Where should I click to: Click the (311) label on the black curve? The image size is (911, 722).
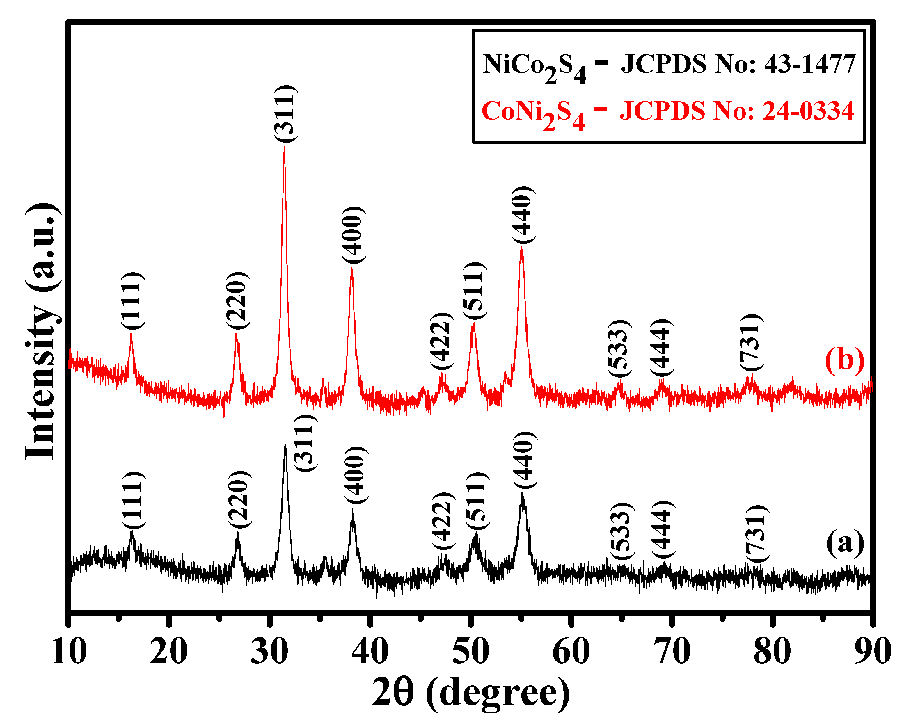[305, 444]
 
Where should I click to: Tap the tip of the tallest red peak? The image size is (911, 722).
[284, 147]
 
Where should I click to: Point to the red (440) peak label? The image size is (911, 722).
[523, 215]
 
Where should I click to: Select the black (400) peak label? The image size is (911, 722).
[355, 475]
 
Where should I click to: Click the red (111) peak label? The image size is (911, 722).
[133, 301]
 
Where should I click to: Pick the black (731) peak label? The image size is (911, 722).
[756, 534]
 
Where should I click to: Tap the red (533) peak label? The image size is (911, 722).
[619, 348]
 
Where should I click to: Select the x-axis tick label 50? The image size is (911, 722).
[470, 651]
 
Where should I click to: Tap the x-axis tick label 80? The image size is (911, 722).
[772, 651]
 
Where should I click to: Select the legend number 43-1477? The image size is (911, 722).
[810, 64]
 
